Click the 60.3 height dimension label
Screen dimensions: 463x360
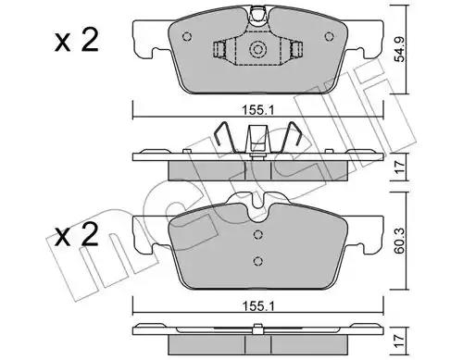click(400, 241)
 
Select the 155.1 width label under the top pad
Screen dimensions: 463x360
click(258, 110)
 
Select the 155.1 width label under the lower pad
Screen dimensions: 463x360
click(258, 306)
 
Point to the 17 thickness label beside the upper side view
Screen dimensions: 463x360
click(400, 168)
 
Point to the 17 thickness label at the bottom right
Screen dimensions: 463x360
click(400, 341)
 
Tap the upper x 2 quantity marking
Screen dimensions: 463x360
click(77, 40)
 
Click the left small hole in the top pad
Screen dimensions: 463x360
click(187, 37)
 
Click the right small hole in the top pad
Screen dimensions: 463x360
click(329, 37)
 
